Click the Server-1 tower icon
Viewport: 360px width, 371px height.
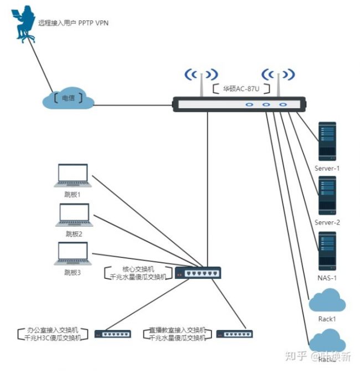327,141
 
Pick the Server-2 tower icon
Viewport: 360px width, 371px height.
327,196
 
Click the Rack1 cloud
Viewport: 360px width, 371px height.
327,302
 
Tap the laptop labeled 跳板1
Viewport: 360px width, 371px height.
73,176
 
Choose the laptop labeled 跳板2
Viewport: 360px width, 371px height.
73,215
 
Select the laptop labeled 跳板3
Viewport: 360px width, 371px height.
73,254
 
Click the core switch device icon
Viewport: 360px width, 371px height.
198,272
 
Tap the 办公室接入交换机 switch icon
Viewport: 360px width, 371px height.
112,334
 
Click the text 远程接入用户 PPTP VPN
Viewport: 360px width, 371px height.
73,23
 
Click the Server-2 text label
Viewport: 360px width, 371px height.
327,222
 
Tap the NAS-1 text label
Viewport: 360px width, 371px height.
327,277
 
